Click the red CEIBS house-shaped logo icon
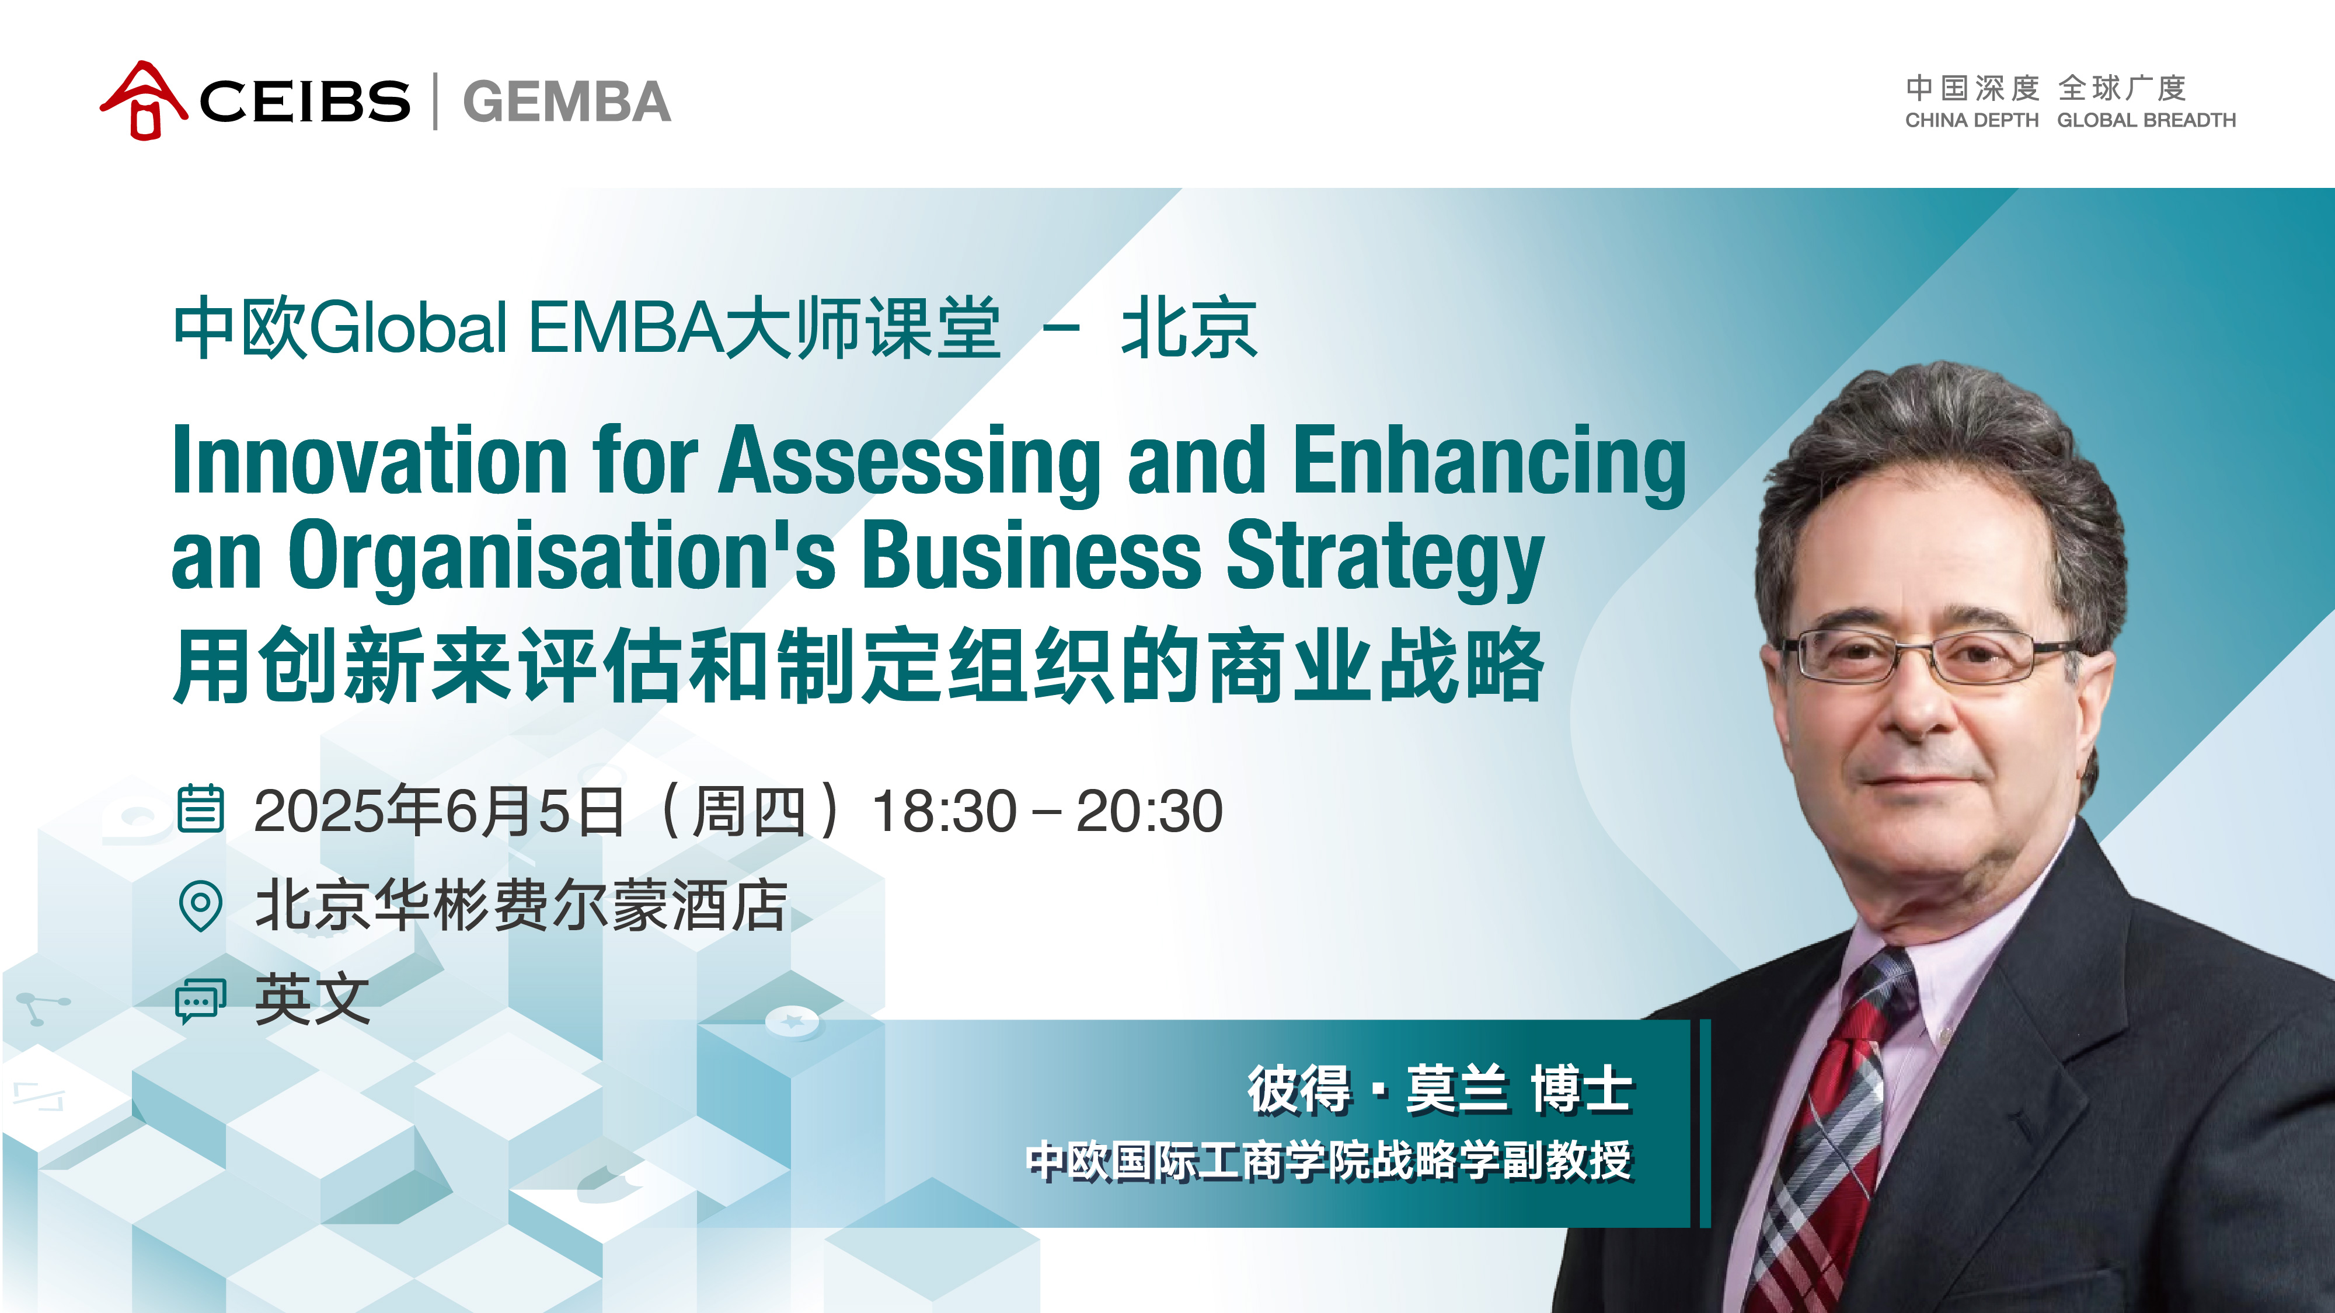click(143, 100)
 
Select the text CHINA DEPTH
click(1971, 121)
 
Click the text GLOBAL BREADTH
click(2146, 121)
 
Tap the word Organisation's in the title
click(562, 557)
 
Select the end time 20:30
click(1149, 811)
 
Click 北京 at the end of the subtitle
click(1189, 328)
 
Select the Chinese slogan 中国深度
click(1972, 89)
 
